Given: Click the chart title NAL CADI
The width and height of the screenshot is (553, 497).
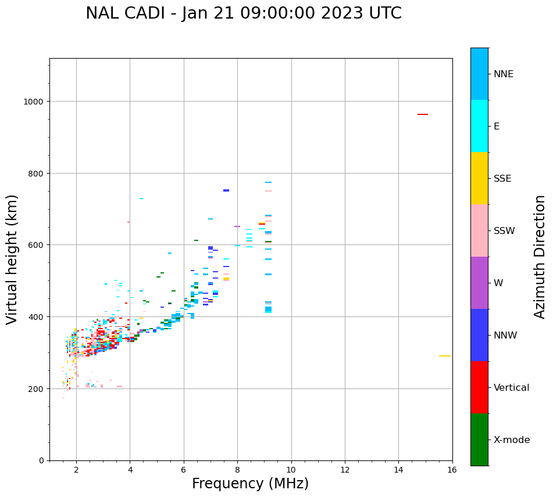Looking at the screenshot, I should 243,13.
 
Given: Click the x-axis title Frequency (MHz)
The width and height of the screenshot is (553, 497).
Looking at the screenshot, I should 250,484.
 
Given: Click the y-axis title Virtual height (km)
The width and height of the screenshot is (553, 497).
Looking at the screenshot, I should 12,260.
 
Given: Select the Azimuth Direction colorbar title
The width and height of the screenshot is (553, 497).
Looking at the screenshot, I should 540,257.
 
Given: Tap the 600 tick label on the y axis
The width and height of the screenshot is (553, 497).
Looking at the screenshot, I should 36,245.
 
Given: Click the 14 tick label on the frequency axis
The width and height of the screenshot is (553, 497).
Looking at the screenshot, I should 398,470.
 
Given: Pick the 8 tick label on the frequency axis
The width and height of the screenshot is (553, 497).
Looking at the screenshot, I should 237,470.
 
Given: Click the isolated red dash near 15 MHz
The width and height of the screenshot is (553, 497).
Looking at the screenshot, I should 422,114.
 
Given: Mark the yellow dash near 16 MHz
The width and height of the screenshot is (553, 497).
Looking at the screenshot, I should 444,356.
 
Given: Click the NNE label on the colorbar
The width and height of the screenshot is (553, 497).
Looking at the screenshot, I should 504,74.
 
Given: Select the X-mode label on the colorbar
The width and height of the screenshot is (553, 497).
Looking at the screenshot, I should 512,440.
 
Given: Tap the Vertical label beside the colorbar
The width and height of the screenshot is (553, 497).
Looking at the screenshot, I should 511,388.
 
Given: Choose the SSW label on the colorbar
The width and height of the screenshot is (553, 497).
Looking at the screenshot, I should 504,231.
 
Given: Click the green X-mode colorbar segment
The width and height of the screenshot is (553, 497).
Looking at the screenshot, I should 479,440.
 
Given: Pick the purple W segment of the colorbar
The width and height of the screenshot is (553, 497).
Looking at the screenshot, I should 479,283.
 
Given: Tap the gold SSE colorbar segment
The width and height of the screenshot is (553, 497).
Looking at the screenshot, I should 479,178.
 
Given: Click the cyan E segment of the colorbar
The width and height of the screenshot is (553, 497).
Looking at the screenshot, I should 479,126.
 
